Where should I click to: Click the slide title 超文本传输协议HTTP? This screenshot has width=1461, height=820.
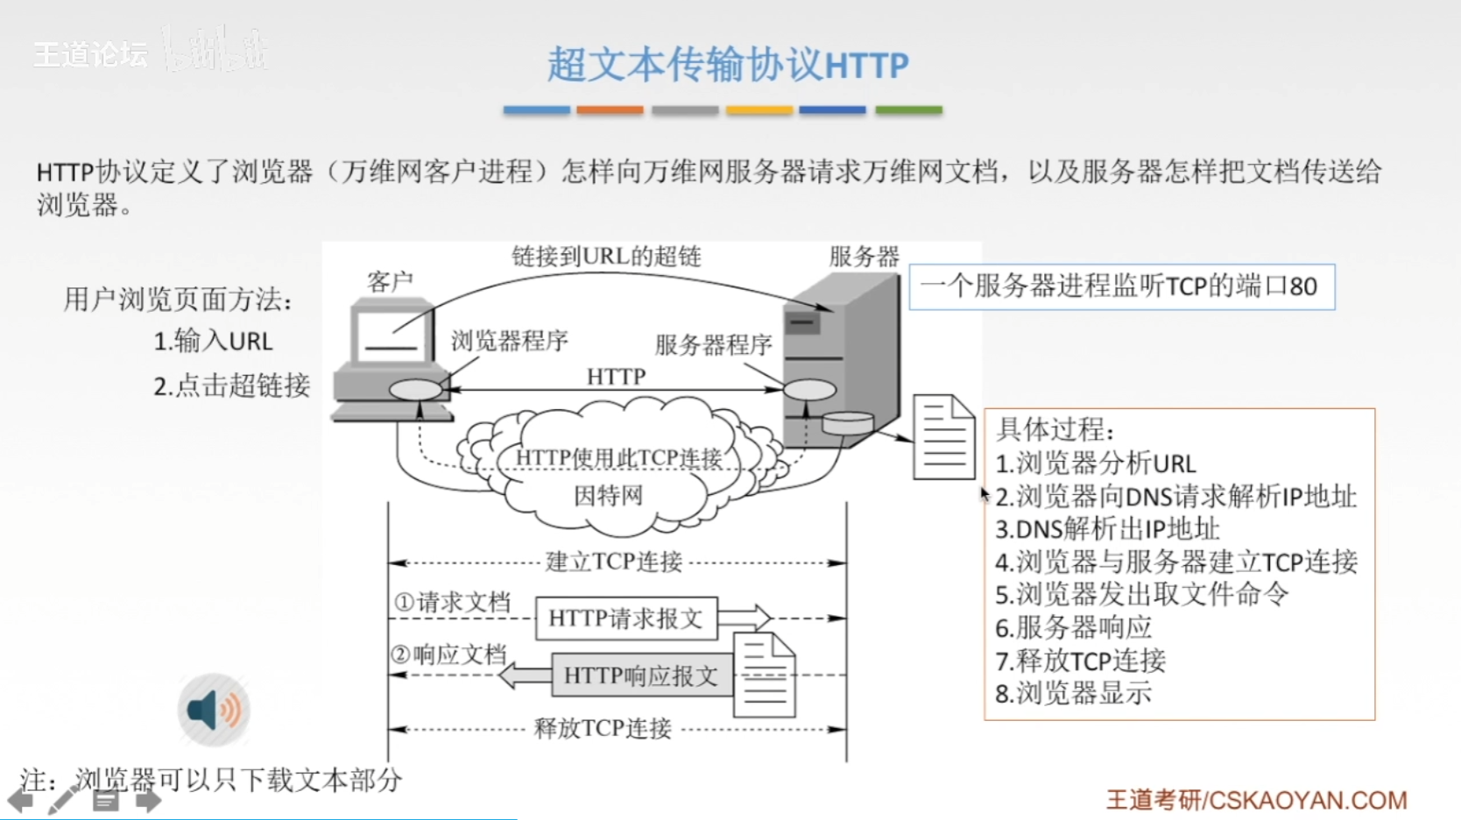(728, 65)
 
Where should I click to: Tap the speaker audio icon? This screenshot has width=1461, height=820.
(214, 710)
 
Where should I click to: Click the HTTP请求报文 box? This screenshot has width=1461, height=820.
(625, 619)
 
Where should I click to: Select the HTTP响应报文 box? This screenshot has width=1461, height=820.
(640, 675)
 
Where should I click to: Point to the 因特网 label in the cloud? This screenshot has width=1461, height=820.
(608, 496)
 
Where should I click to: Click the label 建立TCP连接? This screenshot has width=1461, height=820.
(613, 562)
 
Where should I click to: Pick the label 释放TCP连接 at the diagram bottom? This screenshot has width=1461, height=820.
(603, 728)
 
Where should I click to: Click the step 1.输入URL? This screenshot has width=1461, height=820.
(213, 341)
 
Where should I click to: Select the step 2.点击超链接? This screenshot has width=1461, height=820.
(231, 385)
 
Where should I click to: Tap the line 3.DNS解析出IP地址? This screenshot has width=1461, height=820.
(1107, 529)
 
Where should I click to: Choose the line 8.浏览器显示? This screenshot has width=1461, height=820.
(1073, 694)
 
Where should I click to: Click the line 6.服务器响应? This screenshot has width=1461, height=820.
(1073, 627)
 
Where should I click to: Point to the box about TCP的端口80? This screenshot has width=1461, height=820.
(1121, 286)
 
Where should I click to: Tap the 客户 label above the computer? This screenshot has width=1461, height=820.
(390, 281)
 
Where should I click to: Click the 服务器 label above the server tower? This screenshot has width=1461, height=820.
(864, 256)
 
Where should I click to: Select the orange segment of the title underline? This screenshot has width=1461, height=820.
(610, 110)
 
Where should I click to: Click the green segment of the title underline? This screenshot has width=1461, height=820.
(908, 110)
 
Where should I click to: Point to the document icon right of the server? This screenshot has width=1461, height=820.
(943, 437)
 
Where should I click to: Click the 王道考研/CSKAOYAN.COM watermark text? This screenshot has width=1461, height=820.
(1256, 800)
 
